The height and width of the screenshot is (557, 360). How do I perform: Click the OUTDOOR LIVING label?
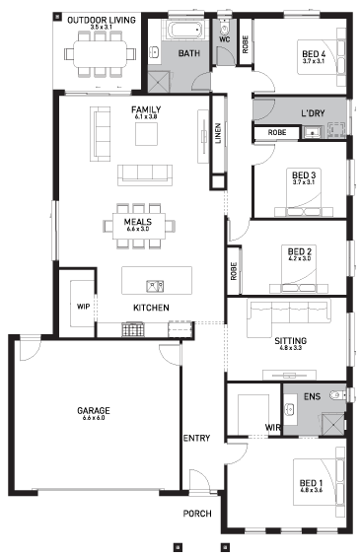pyautogui.click(x=102, y=21)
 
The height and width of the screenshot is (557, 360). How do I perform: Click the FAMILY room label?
pyautogui.click(x=146, y=109)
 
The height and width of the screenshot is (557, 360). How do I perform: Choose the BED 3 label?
pyautogui.click(x=303, y=174)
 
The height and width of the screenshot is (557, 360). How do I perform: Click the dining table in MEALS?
pyautogui.click(x=138, y=225)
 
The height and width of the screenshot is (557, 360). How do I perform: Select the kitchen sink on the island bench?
pyautogui.click(x=154, y=286)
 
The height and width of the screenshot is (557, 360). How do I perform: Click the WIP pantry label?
pyautogui.click(x=83, y=307)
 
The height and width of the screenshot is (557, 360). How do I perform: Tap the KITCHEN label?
pyautogui.click(x=151, y=309)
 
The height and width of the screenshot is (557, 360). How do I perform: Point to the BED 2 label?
pyautogui.click(x=300, y=252)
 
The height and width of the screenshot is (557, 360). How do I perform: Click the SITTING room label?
pyautogui.click(x=291, y=340)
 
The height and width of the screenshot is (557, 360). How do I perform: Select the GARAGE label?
pyautogui.click(x=94, y=410)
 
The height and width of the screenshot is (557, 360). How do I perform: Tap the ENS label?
pyautogui.click(x=312, y=396)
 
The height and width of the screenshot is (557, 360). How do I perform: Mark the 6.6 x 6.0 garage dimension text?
pyautogui.click(x=94, y=419)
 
